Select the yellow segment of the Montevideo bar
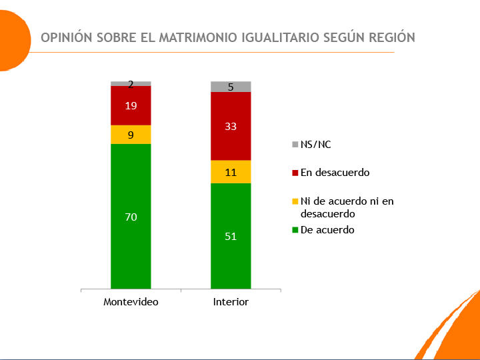pos(131,135)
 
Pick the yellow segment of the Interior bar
pos(231,172)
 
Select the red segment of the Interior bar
pos(231,140)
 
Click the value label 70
pos(131,217)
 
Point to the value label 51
pos(231,236)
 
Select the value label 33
pos(231,126)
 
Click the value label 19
pos(131,105)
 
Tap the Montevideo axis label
pos(131,302)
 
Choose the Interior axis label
pos(231,302)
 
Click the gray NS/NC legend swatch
pos(295,145)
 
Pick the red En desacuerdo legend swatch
pos(295,173)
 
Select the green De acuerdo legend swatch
pos(295,230)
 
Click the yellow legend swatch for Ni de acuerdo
pos(295,201)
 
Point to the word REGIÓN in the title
pos(391,37)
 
